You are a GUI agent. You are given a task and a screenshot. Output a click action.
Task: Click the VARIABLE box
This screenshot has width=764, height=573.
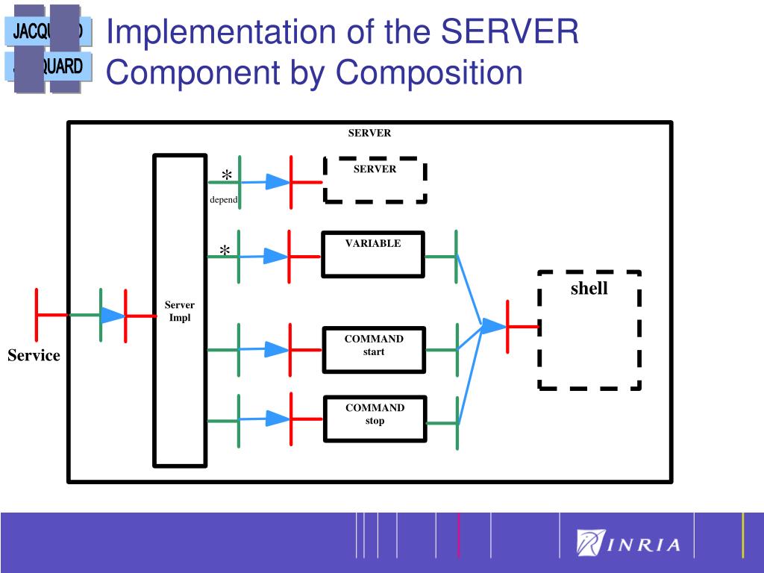point(373,254)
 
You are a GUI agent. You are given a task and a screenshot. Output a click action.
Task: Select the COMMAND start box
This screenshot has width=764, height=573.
point(374,349)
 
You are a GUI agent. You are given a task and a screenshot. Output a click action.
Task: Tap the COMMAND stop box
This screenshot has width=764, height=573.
point(375,419)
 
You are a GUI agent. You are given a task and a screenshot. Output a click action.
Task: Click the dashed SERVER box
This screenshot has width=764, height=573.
point(375,179)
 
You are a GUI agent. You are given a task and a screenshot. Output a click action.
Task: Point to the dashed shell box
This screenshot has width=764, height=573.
point(589,329)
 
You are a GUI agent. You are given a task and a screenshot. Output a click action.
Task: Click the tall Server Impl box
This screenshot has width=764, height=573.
point(179,310)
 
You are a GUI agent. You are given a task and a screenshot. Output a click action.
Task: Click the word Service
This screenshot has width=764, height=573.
point(34,355)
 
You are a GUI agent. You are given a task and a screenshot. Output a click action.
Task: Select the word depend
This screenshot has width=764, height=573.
point(223,200)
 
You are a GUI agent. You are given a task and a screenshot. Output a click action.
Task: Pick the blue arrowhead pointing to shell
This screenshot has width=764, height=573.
point(492,326)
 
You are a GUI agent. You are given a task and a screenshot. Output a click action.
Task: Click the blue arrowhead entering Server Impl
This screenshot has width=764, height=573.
point(113,316)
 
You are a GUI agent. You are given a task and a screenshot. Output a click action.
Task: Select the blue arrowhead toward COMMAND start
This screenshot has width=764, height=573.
point(276,349)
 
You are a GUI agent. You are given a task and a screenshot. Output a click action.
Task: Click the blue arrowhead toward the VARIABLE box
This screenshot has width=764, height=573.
point(275,257)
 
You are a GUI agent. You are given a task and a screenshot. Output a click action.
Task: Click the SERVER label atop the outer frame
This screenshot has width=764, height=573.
point(369,134)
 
